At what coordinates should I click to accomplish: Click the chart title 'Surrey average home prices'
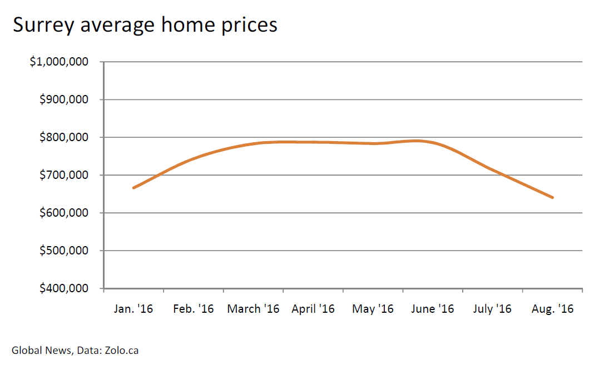click(145, 26)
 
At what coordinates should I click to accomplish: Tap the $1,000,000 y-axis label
click(59, 62)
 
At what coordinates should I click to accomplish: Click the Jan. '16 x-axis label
click(133, 309)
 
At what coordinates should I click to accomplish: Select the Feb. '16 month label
click(193, 309)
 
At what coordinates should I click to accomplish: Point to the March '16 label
click(253, 309)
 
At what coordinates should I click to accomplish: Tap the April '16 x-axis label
click(313, 309)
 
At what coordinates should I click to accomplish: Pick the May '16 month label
click(373, 309)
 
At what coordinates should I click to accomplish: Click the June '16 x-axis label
click(433, 309)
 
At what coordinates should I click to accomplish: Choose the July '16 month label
click(492, 309)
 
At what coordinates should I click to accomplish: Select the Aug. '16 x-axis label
click(552, 309)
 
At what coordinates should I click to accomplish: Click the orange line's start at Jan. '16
click(133, 188)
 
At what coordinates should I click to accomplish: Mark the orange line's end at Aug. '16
click(552, 197)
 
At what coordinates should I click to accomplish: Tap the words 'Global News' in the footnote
click(41, 351)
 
